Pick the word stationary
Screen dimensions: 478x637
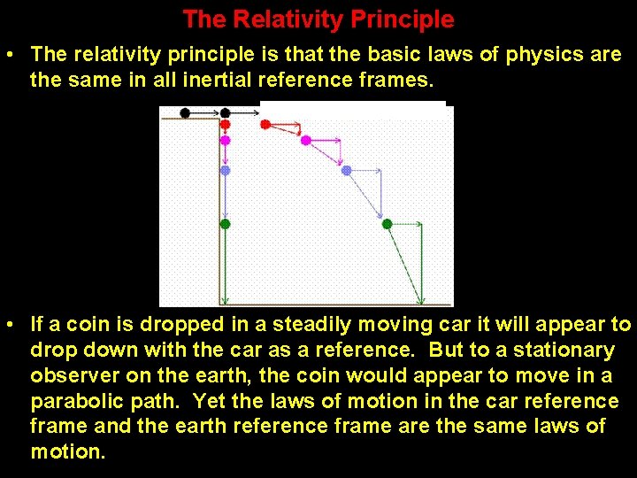(x=565, y=351)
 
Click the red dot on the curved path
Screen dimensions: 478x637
(x=265, y=125)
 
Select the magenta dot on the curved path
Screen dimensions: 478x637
(x=306, y=140)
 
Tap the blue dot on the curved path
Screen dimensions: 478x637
(x=347, y=170)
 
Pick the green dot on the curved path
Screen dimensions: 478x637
(x=387, y=224)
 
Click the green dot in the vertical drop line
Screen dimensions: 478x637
(x=225, y=224)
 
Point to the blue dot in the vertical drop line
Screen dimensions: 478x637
(x=225, y=170)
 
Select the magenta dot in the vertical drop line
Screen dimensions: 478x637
(x=225, y=140)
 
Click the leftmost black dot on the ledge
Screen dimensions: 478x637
(x=185, y=112)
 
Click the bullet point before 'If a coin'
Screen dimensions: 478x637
(x=9, y=326)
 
